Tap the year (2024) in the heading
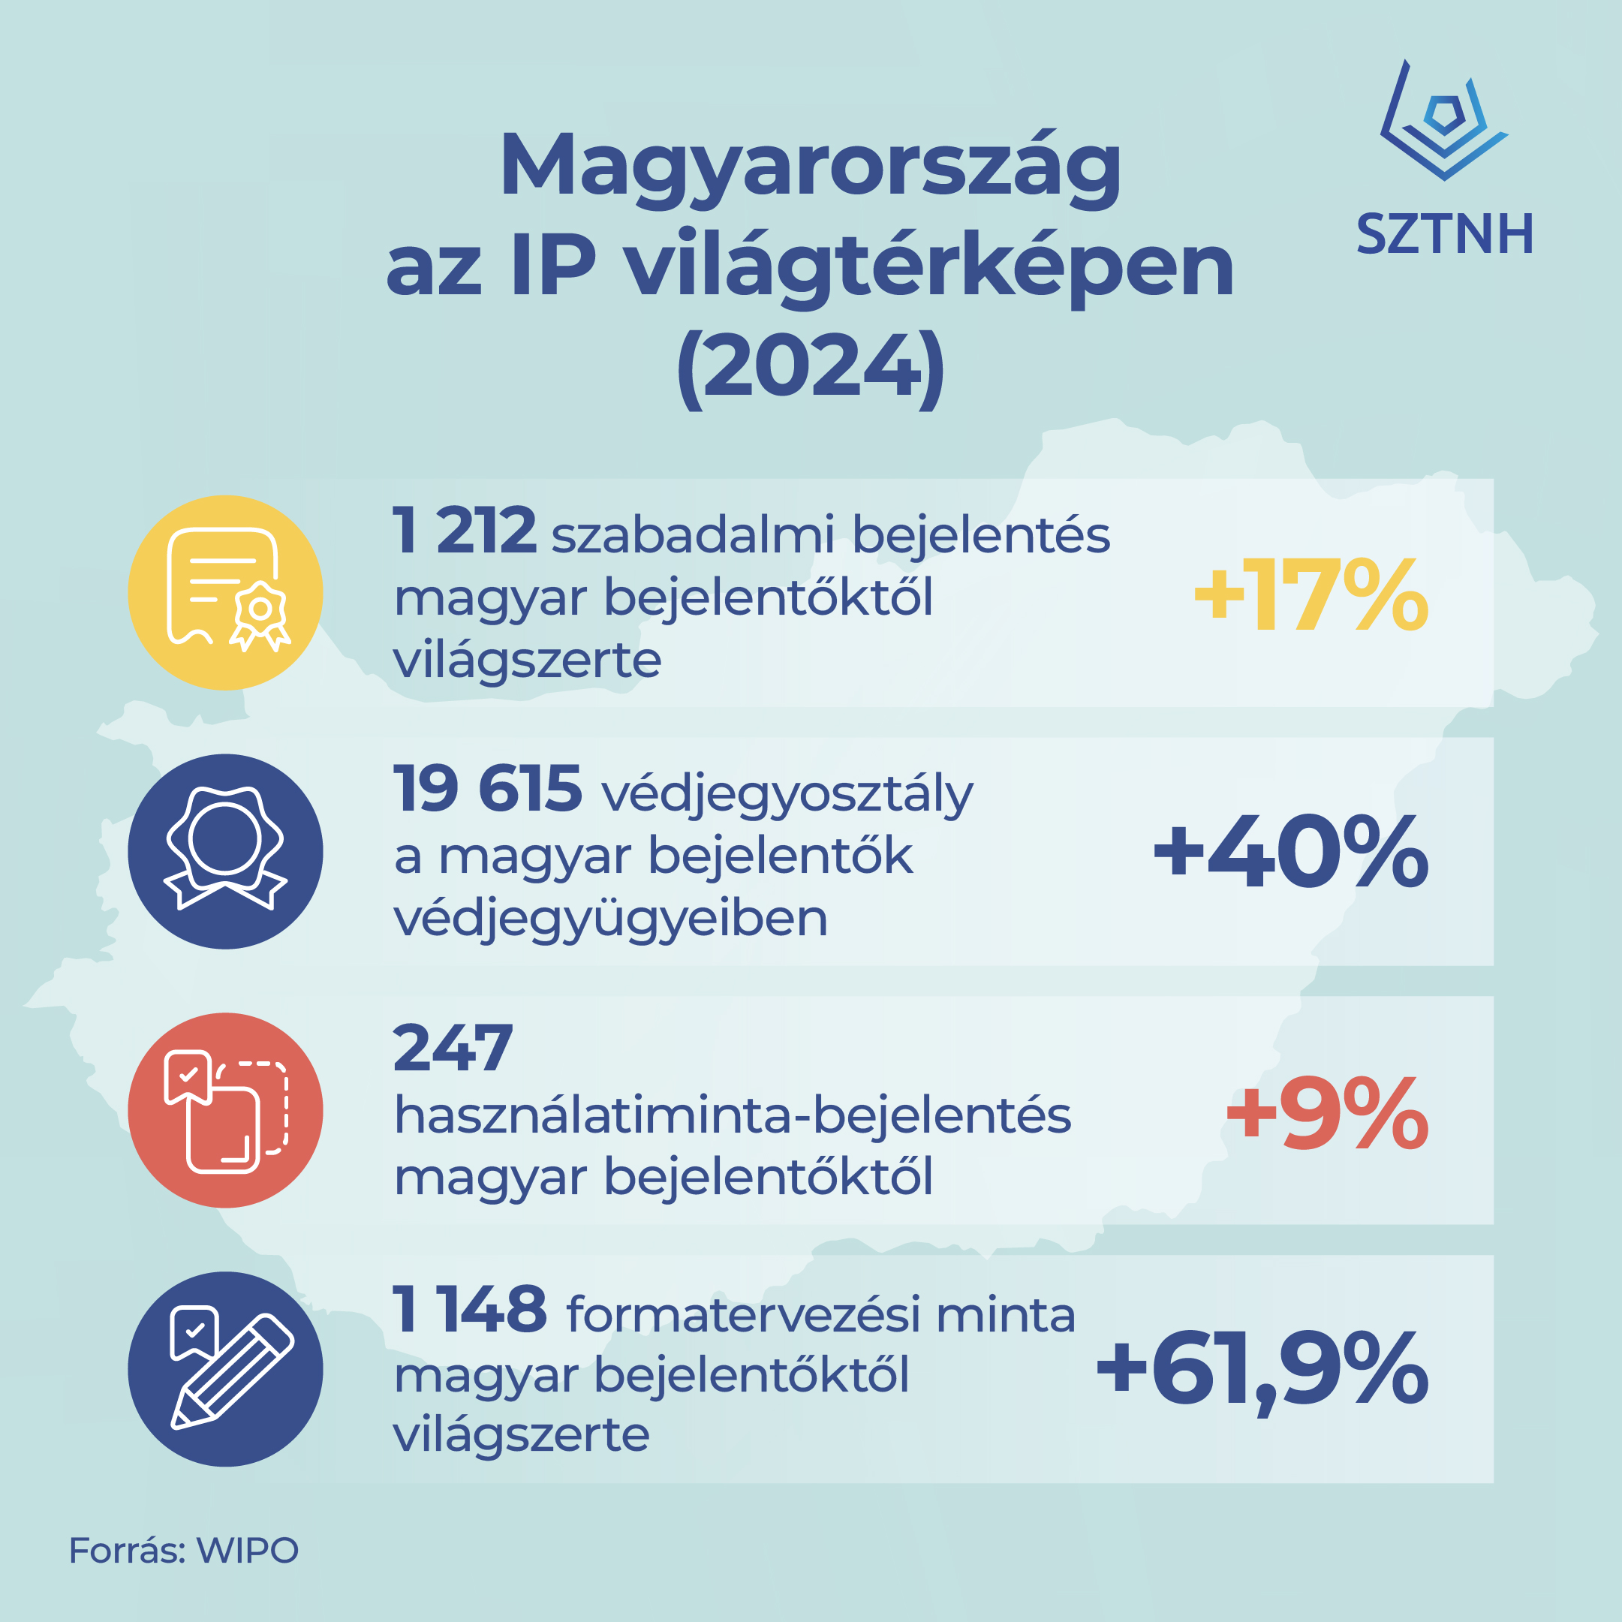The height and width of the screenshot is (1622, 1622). click(810, 368)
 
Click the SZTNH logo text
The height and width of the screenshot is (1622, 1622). click(1445, 234)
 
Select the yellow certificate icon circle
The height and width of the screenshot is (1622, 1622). click(225, 593)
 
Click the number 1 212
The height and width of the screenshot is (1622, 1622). click(465, 531)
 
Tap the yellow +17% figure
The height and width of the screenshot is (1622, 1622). click(1311, 595)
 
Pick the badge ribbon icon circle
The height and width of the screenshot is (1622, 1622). click(225, 851)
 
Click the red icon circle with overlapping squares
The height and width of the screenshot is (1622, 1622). click(225, 1110)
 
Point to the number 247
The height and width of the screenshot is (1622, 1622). click(453, 1049)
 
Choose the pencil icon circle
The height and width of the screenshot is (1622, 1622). click(225, 1368)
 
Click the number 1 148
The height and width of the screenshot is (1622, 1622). click(469, 1309)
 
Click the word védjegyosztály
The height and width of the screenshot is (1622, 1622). click(787, 793)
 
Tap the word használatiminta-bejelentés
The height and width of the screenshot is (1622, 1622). click(732, 1116)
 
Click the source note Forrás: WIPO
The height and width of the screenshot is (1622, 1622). click(183, 1550)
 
